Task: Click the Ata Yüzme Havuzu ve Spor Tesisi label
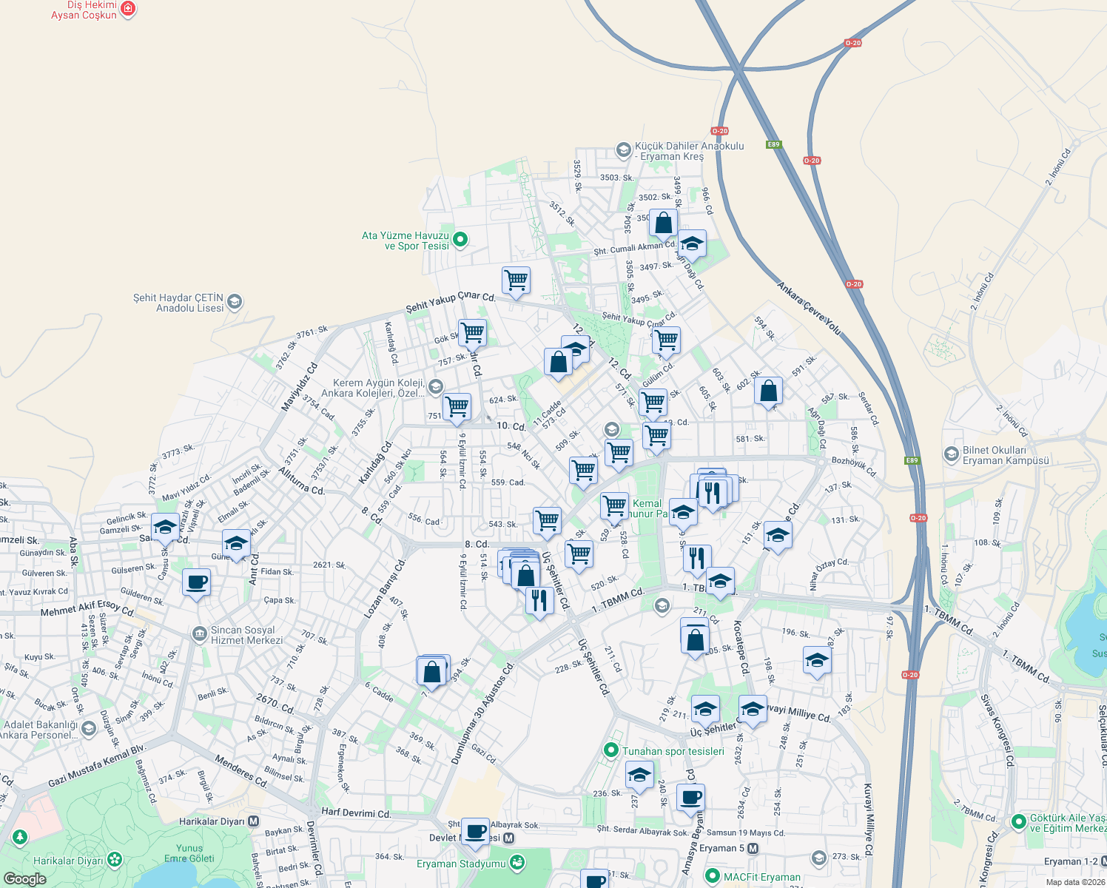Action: [x=406, y=240]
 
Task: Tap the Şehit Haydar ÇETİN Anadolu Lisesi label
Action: [x=178, y=303]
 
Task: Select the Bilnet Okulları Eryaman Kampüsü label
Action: [x=1006, y=455]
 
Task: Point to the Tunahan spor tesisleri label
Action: [x=673, y=751]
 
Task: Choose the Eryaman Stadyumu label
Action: [x=461, y=864]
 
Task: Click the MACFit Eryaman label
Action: [x=761, y=877]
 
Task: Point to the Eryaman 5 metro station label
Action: [x=722, y=848]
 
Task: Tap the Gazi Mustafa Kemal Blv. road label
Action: [x=97, y=766]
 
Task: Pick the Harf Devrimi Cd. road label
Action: [x=356, y=813]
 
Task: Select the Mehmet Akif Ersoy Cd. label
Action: [x=87, y=609]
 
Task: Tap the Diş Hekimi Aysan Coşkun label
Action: [x=84, y=10]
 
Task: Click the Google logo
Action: [x=24, y=878]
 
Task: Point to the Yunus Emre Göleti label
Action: [x=189, y=853]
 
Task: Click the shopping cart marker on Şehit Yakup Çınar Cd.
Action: [x=516, y=280]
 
